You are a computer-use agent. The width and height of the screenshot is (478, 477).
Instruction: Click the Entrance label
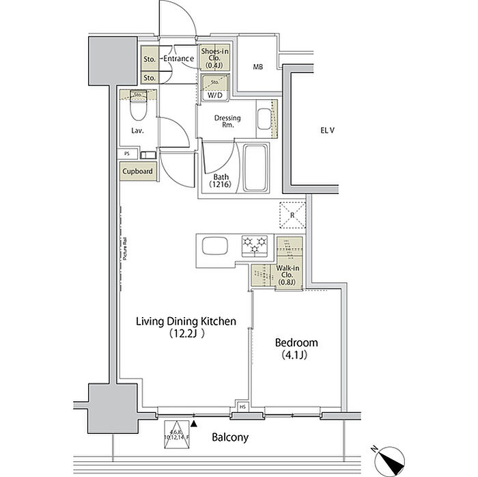coord(180,59)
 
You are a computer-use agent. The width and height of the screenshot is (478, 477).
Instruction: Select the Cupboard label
coord(139,172)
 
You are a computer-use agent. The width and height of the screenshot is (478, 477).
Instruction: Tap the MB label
coord(257,67)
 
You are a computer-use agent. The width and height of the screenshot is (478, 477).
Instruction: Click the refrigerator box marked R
coord(293,216)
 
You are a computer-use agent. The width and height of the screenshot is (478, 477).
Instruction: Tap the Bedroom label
coord(296,348)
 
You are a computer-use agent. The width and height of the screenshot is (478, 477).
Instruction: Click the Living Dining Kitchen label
coord(186,327)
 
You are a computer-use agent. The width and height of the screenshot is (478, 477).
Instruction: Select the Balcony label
coord(229,437)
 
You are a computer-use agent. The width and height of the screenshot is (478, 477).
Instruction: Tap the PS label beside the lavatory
coord(127,154)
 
